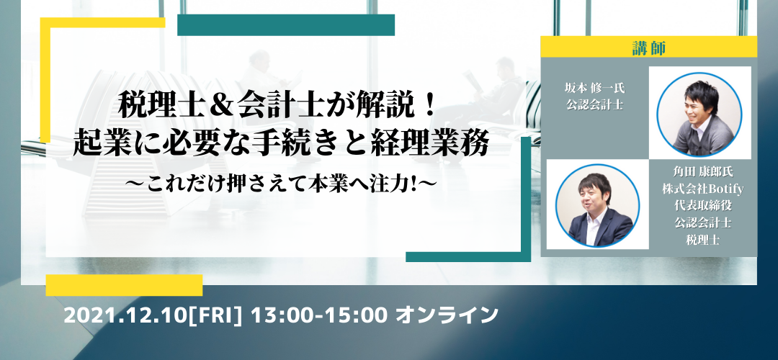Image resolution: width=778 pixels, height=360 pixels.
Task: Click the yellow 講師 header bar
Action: [x=648, y=47]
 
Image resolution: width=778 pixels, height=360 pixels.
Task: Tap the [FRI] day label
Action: [x=215, y=315]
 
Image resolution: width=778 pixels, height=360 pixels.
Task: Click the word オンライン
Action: [x=446, y=315]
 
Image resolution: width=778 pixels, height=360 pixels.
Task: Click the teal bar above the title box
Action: [x=286, y=25]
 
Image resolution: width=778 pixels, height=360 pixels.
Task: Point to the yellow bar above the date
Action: [x=124, y=285]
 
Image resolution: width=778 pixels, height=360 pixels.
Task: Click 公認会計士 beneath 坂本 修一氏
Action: [x=594, y=106]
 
